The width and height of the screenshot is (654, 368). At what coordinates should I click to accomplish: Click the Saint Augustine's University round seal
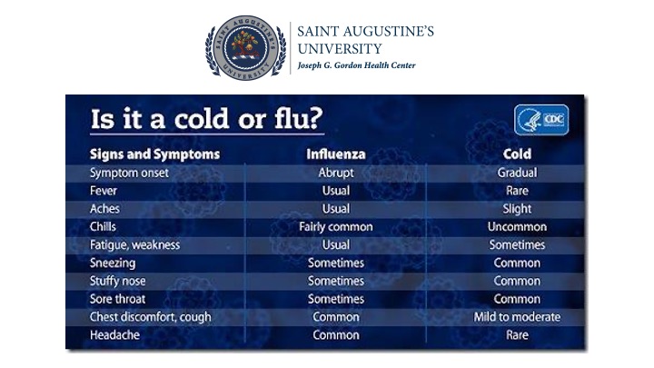246,47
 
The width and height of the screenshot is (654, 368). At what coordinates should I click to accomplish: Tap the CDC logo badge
541,120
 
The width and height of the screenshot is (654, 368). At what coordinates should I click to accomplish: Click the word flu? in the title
299,118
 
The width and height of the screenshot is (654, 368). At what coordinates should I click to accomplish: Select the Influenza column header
336,154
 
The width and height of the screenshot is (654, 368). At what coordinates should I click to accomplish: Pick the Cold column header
517,154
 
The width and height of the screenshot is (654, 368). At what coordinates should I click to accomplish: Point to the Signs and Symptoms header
154,154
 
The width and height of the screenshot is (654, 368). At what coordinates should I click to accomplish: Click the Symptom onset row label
129,173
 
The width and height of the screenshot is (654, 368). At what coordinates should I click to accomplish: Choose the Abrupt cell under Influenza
336,173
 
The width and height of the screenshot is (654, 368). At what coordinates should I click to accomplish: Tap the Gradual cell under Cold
517,173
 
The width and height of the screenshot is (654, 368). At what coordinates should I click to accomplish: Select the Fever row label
104,191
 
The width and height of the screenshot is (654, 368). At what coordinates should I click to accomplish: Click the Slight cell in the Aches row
517,209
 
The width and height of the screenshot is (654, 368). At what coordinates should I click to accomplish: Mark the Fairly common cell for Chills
336,227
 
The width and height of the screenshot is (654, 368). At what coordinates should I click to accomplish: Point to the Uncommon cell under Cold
517,226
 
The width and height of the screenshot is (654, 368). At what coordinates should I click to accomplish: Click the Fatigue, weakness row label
134,245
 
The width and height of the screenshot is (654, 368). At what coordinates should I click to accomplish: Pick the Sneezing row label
113,264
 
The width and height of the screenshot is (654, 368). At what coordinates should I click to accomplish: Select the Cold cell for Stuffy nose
517,281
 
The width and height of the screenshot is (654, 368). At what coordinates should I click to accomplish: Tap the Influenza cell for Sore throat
336,299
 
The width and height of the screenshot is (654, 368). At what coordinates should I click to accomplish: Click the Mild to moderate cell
517,317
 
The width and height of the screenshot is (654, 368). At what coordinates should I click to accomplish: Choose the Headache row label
114,334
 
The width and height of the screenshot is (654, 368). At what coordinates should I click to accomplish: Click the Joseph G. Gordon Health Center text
356,65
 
